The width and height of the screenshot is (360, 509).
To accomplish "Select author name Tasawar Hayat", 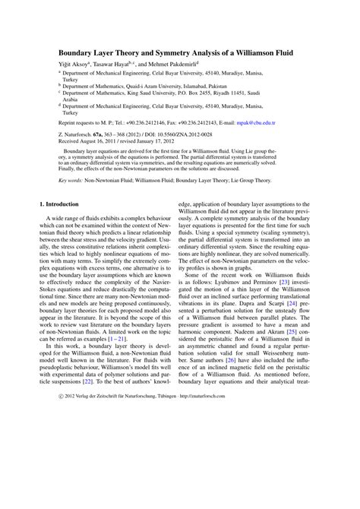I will (105, 67).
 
